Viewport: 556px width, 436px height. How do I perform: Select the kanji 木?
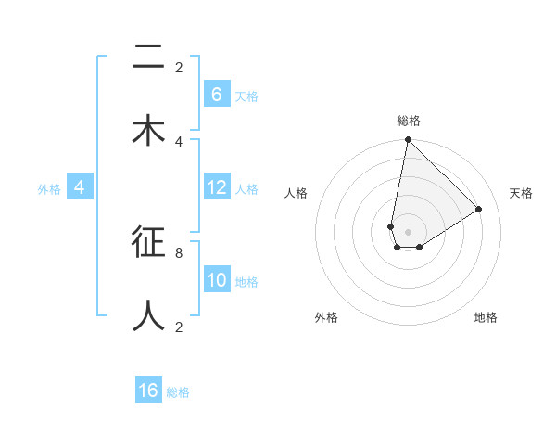click(x=148, y=131)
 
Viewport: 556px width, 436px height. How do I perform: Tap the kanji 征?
click(x=148, y=244)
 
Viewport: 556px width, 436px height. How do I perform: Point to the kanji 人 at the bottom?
click(x=148, y=315)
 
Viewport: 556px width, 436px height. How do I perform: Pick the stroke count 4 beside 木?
click(x=179, y=141)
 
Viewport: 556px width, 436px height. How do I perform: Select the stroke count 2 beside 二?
click(x=179, y=68)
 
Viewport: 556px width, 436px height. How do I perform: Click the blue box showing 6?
click(x=217, y=94)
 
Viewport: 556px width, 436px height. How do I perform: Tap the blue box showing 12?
click(x=217, y=187)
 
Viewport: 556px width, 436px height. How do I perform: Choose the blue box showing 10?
click(x=217, y=280)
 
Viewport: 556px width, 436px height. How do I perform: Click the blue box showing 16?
click(x=148, y=391)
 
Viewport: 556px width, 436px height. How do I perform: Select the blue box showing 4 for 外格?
click(x=80, y=187)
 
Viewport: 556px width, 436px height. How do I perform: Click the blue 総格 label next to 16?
click(x=178, y=392)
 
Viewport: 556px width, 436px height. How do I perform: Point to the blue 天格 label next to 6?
click(x=246, y=96)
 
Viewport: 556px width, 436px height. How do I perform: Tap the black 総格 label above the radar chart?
click(x=409, y=121)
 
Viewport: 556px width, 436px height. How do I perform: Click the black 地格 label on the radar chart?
click(x=486, y=317)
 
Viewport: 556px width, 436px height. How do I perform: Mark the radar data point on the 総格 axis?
click(x=408, y=140)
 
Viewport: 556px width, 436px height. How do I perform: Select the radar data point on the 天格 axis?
click(x=479, y=209)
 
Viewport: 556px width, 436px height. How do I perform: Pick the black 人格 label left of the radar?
click(x=296, y=193)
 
